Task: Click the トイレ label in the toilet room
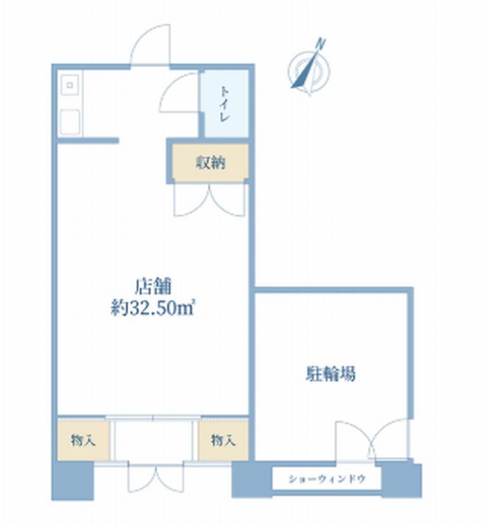pos(225,105)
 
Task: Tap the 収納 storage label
pos(211,163)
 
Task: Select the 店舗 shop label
pos(153,287)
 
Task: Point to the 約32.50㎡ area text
pos(153,308)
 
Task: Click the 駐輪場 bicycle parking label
pos(331,374)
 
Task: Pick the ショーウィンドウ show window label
pos(326,479)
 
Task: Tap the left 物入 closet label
pos(83,440)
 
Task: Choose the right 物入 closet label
pos(223,440)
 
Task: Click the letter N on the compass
pos(321,44)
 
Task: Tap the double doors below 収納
pos(209,200)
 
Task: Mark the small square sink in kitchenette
pos(70,85)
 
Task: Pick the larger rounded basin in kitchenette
pos(70,122)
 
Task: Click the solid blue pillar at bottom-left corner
pos(72,481)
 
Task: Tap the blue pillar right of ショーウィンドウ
pos(401,481)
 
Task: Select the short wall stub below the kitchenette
pos(88,141)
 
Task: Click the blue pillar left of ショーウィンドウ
pos(252,479)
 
